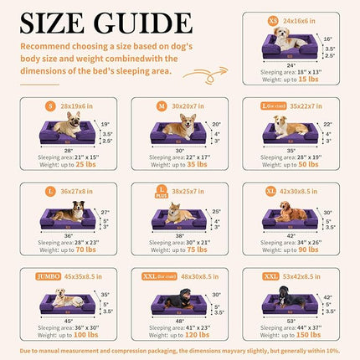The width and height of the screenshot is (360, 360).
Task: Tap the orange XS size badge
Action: coord(270,18)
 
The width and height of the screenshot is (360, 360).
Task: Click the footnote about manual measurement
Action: coord(180,349)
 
